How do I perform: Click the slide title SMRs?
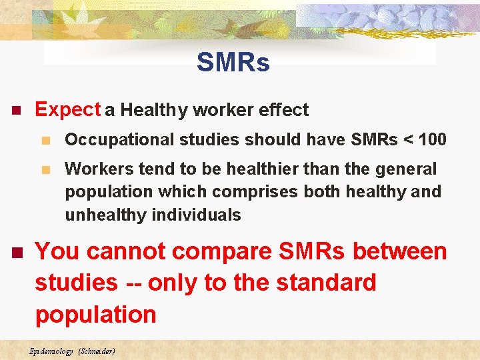[233, 63]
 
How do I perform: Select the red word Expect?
[67, 110]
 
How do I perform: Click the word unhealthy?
[106, 215]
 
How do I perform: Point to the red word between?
[400, 252]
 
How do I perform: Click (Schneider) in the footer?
[97, 351]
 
